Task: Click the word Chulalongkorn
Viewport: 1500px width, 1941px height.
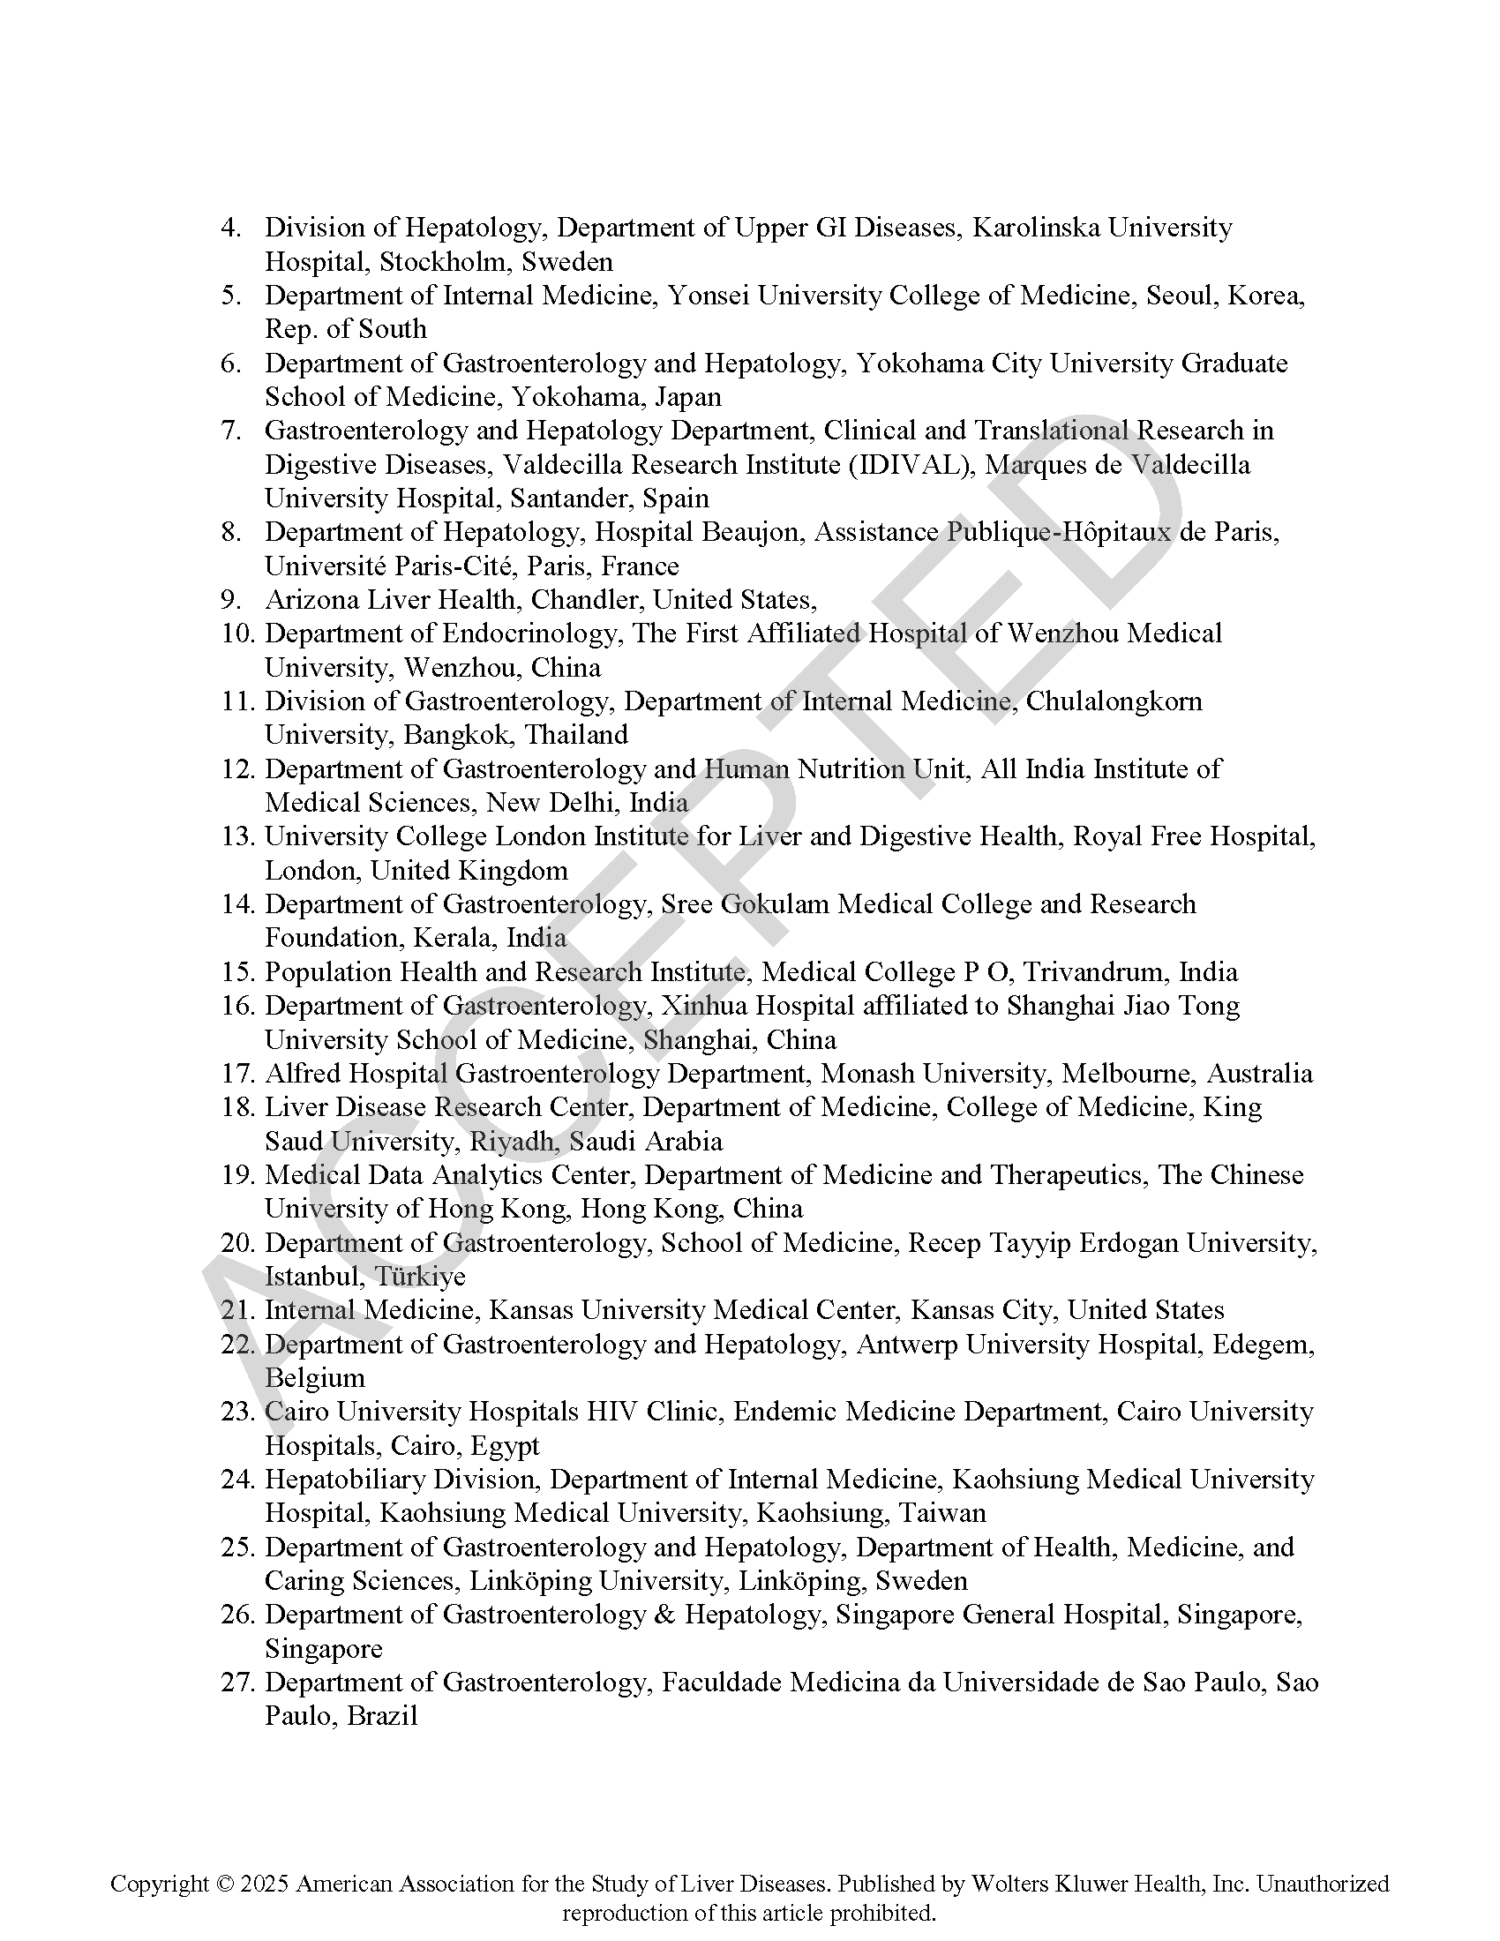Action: click(x=1114, y=701)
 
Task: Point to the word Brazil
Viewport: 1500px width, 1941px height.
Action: click(x=382, y=1716)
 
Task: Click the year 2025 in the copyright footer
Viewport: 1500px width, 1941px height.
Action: click(x=263, y=1884)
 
